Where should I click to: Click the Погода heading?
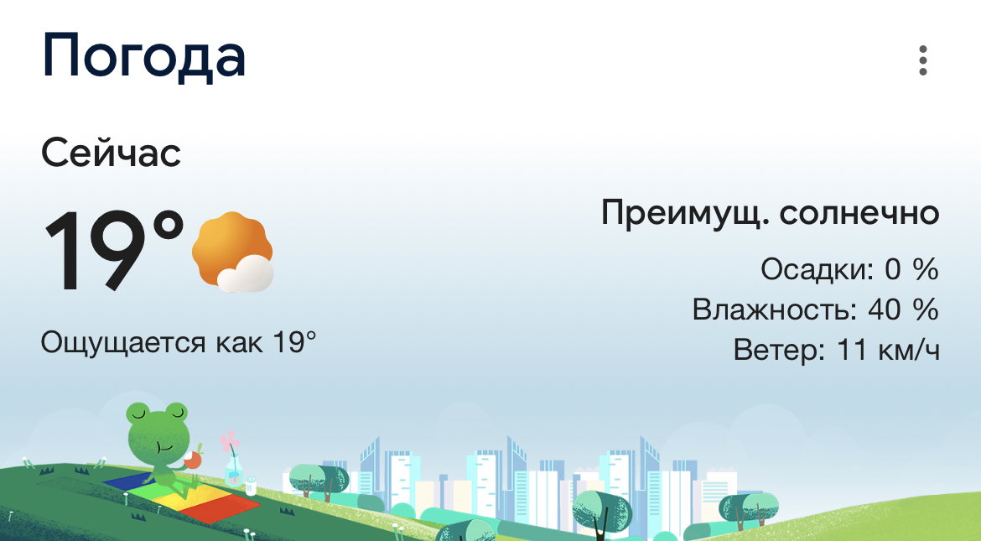[x=143, y=56]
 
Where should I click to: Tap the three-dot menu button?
[x=923, y=60]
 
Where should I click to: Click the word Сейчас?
[x=111, y=153]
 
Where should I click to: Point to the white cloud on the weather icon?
[x=246, y=274]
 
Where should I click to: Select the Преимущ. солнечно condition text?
[x=771, y=214]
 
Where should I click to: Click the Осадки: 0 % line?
[x=849, y=269]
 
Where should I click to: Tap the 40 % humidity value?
[x=903, y=310]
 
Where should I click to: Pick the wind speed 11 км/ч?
[x=888, y=350]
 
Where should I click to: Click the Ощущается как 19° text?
[x=179, y=342]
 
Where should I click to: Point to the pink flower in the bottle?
[x=230, y=441]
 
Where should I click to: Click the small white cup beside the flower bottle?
[x=250, y=486]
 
